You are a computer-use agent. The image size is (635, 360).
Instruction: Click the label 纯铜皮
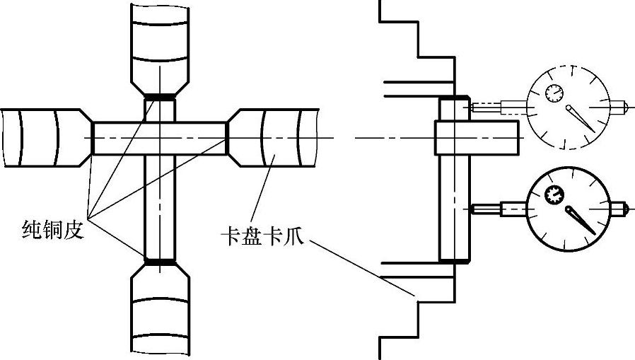(53, 229)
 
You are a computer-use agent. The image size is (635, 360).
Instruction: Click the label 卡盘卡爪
(261, 238)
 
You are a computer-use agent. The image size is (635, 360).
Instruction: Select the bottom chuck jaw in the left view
(160, 311)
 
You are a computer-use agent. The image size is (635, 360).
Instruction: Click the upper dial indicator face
(568, 108)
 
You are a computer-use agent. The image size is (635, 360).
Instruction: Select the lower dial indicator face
(568, 209)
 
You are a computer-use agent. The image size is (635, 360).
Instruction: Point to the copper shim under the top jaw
(160, 98)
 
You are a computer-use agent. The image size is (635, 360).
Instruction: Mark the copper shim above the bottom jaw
(160, 262)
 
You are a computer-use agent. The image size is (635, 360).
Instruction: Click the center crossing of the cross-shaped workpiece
(160, 137)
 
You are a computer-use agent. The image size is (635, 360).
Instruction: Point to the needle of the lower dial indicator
(581, 220)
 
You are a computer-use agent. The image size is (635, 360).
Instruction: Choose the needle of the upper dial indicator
(581, 118)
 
